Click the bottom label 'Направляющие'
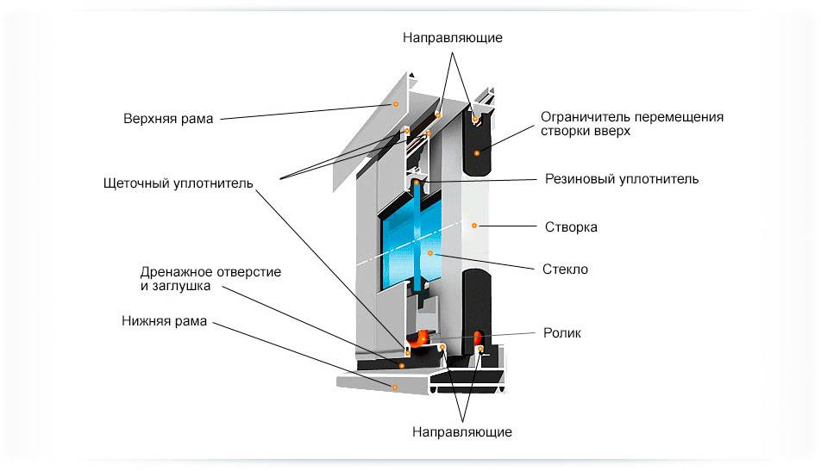pos(461,431)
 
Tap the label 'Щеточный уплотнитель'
pos(178,183)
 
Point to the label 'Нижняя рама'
pos(165,322)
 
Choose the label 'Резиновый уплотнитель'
pos(622,179)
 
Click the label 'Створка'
pos(571,227)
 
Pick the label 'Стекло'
pos(567,270)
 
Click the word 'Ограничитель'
pos(582,117)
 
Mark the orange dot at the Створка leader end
pos(473,225)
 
